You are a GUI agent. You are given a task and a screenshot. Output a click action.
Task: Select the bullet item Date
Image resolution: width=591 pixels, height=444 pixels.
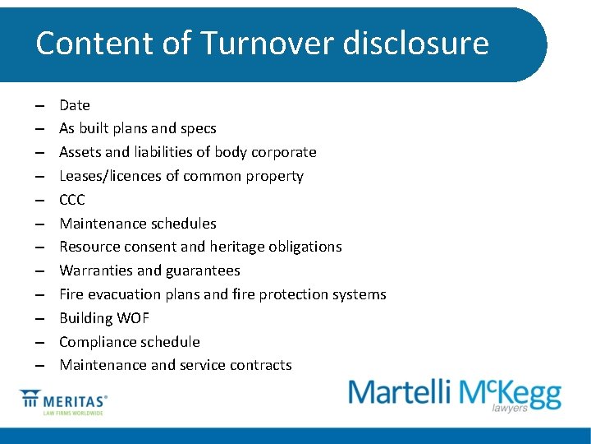coord(75,105)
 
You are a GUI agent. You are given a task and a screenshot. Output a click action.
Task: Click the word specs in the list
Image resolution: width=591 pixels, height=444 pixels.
coord(197,129)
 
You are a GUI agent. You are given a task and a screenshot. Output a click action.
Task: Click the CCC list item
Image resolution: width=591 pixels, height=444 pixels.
coord(72,200)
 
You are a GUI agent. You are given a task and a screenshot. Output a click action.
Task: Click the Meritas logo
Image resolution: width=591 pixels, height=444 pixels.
coord(64,403)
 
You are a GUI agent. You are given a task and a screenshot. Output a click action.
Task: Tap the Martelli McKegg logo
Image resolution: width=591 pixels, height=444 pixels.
coord(455,393)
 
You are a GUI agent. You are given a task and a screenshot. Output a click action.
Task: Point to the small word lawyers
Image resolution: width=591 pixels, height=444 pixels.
coord(510,408)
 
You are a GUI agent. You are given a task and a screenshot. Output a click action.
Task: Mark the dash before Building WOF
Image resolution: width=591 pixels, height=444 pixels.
coord(39,318)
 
